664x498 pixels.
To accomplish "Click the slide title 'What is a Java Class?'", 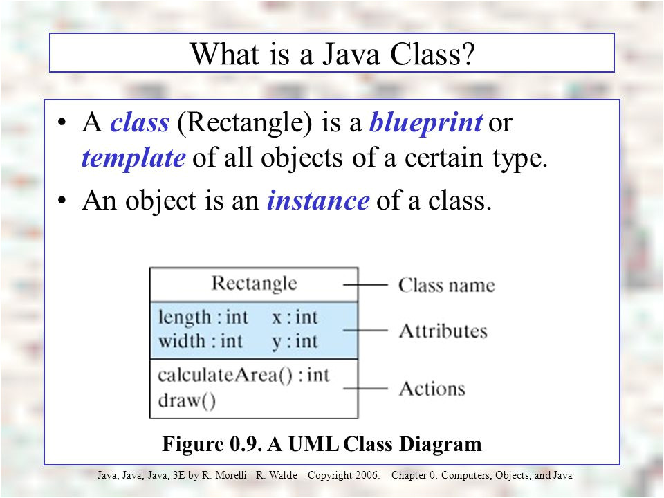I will [x=332, y=53].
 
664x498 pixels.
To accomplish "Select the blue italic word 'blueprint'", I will [x=425, y=123].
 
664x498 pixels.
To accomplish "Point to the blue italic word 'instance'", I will [x=317, y=200].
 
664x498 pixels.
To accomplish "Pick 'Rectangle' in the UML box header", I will [x=254, y=284].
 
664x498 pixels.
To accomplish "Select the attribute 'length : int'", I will [x=203, y=317].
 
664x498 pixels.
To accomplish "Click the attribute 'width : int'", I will [x=201, y=340].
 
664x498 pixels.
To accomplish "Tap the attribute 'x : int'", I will [x=295, y=317].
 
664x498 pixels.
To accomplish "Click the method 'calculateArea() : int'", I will [x=243, y=375].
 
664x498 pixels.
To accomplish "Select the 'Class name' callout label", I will [x=446, y=285].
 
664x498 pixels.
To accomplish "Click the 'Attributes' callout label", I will [x=443, y=331].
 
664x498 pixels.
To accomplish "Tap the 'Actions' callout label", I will [x=432, y=389].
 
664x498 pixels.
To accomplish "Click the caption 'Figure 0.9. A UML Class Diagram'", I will [x=322, y=443].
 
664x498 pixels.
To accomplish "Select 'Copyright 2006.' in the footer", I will [x=344, y=476].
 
